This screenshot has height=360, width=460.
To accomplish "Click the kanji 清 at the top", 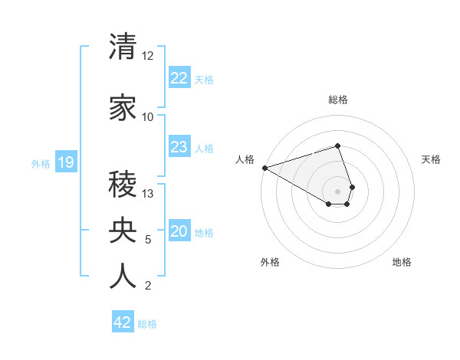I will [123, 47].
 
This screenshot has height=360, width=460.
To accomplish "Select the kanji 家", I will [123, 108].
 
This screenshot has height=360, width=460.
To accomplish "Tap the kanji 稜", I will [123, 185].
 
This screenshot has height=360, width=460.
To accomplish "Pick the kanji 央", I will [123, 231].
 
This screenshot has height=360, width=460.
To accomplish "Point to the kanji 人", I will [123, 277].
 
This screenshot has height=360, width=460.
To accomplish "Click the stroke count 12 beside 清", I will [148, 56].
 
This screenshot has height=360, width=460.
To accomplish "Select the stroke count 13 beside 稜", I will [148, 194].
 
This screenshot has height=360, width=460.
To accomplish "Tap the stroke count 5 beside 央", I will [148, 240].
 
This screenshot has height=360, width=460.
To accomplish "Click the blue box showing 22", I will [179, 77].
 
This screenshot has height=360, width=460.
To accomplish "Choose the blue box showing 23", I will [179, 147].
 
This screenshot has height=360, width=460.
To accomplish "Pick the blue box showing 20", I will [179, 231].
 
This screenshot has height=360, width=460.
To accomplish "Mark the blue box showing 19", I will [65, 162].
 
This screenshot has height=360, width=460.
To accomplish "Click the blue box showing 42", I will [123, 322].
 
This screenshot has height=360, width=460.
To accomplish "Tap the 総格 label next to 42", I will [147, 324].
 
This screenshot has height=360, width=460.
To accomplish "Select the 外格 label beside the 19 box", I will [41, 163].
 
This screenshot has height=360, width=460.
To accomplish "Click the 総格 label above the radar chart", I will [338, 100].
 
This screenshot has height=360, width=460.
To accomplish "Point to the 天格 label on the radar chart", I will [432, 159].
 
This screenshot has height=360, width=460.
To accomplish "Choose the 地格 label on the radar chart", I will [402, 262].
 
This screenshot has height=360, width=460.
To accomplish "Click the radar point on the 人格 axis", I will [264, 167].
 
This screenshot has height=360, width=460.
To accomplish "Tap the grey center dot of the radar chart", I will [337, 191].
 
